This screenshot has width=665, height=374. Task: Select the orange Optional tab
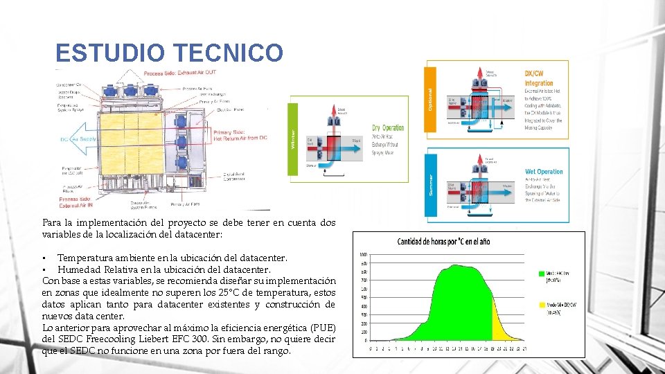point(429,97)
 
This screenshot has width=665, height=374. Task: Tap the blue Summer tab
point(429,183)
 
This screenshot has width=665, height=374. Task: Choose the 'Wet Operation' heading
point(544,171)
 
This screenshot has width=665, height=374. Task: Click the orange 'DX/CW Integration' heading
point(539,77)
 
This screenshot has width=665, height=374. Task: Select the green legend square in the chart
point(542,273)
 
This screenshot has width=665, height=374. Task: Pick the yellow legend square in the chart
point(542,304)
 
